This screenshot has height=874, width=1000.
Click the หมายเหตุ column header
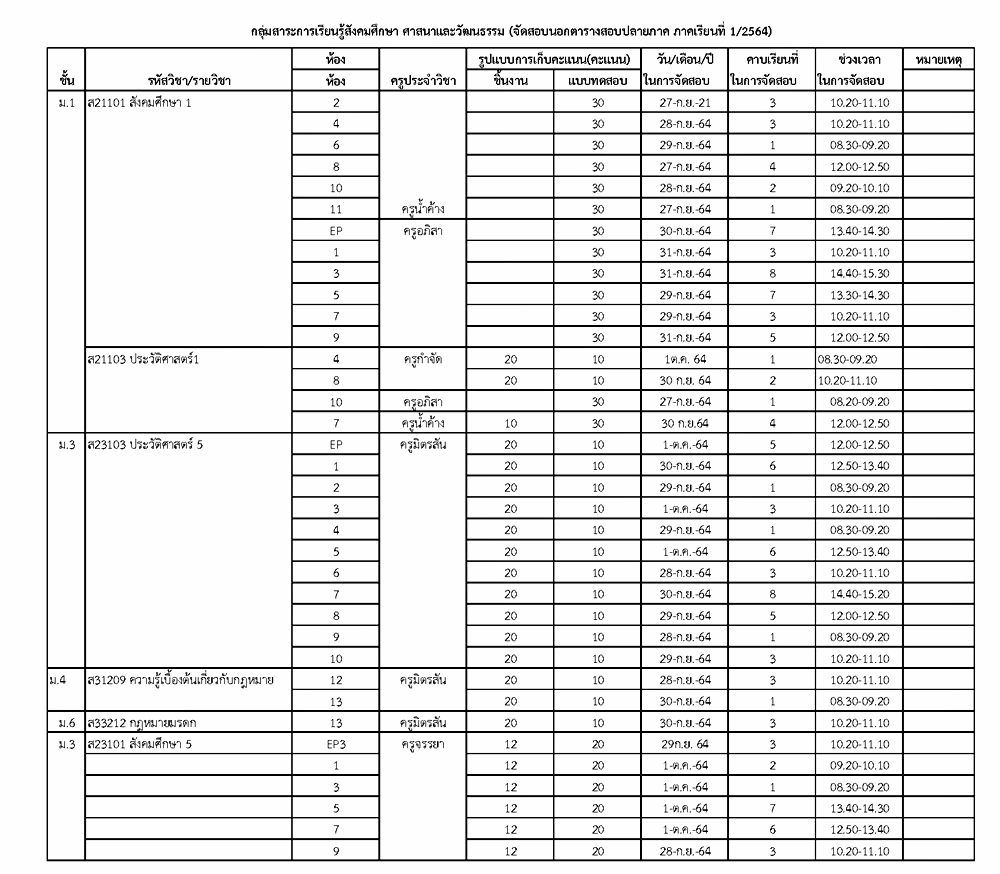point(938,62)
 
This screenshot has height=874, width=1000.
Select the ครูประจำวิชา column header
point(425,82)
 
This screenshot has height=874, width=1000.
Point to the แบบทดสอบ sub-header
point(596,82)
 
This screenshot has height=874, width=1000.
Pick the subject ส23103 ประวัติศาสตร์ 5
point(145,445)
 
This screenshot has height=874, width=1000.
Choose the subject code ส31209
point(107,680)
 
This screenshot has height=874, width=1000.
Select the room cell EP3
point(336,744)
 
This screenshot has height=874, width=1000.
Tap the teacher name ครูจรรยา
point(424,744)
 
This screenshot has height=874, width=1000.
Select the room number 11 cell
point(336,210)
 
